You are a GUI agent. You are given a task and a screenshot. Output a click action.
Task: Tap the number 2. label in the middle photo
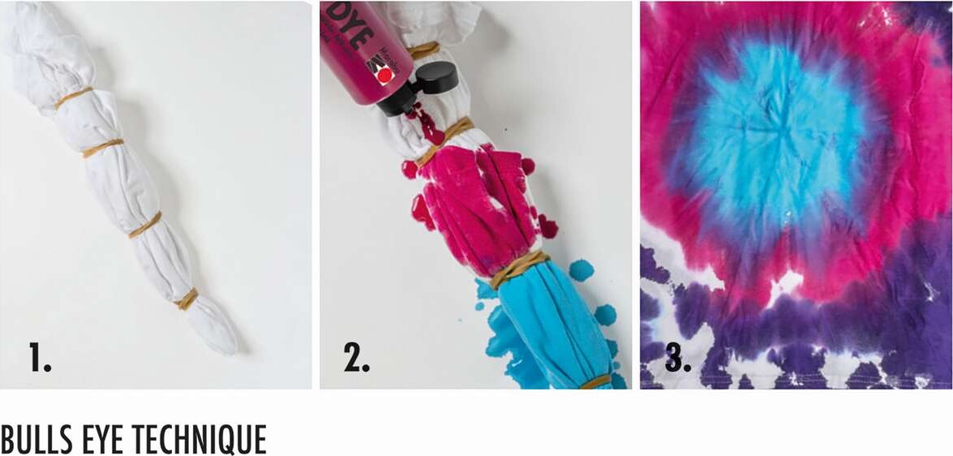tap(356, 357)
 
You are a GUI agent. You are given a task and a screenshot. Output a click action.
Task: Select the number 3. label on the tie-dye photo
tap(678, 357)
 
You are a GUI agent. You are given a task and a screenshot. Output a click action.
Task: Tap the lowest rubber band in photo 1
tap(187, 299)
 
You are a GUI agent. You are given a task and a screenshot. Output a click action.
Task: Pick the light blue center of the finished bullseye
tap(779, 138)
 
